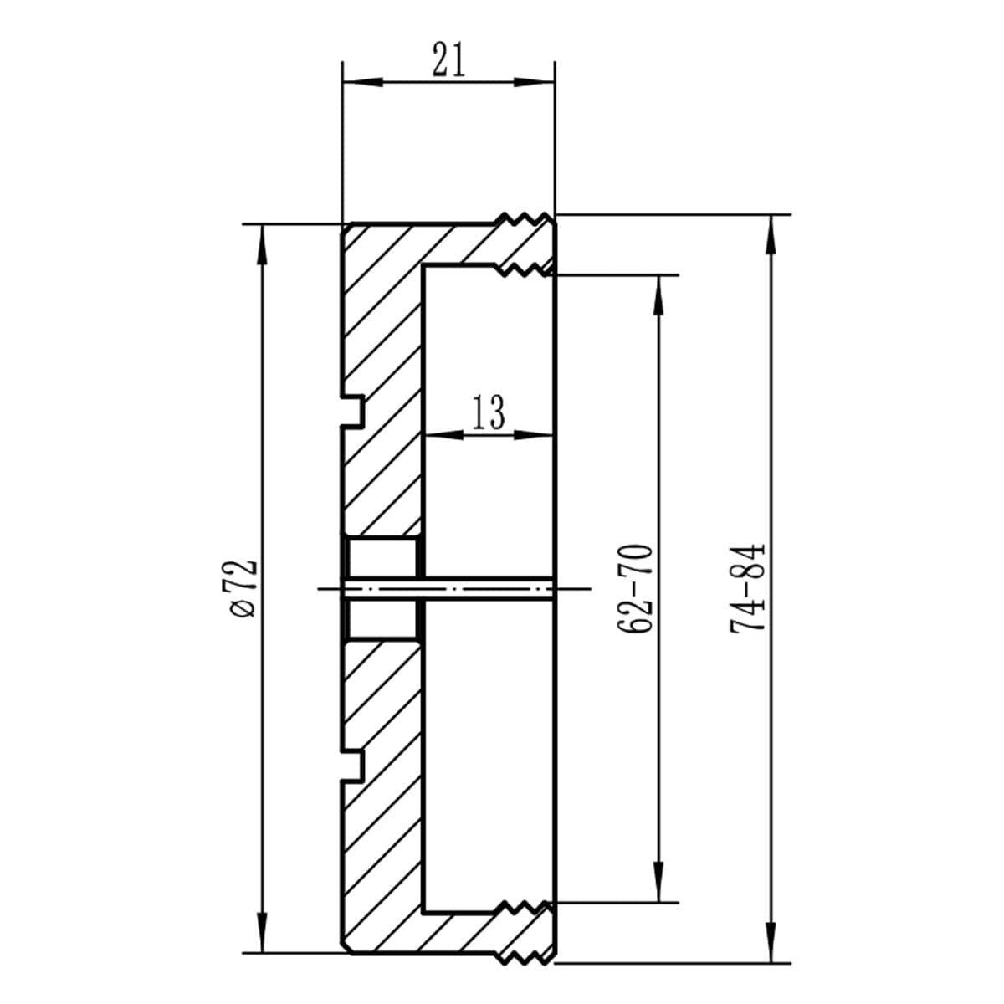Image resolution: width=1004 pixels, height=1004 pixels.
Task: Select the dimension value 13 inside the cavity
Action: [489, 413]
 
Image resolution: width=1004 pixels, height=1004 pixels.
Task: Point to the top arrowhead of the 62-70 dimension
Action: [659, 293]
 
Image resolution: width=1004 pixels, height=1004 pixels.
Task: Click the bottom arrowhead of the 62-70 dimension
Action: [659, 883]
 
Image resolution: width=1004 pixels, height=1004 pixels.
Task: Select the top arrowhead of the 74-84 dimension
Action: [771, 234]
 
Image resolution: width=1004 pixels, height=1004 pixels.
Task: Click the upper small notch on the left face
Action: [354, 410]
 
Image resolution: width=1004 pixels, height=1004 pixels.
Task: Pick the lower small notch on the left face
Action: [354, 766]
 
